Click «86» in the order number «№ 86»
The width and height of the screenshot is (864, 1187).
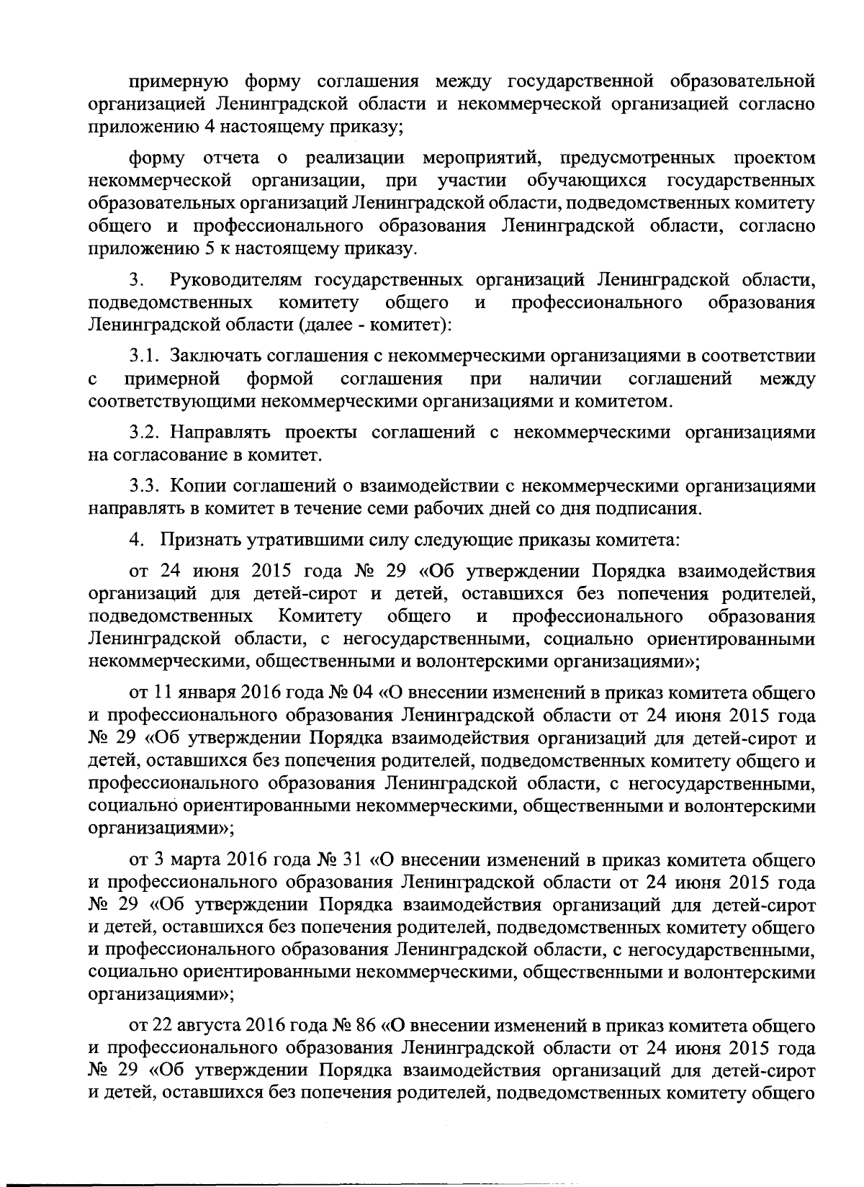tap(368, 1025)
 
